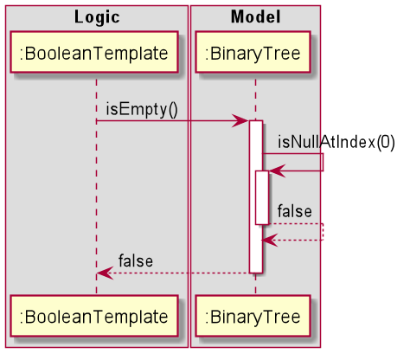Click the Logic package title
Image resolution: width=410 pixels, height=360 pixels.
pyautogui.click(x=96, y=16)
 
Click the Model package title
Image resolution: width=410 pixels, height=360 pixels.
pyautogui.click(x=255, y=16)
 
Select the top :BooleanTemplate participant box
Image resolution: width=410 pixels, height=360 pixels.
pyautogui.click(x=96, y=55)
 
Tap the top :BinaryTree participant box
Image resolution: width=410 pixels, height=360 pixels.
pyautogui.click(x=255, y=55)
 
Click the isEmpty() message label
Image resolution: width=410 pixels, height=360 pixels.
pyautogui.click(x=141, y=109)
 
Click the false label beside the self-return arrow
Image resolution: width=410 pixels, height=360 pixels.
pyautogui.click(x=294, y=211)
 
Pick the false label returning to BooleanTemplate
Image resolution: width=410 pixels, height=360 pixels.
pyautogui.click(x=136, y=260)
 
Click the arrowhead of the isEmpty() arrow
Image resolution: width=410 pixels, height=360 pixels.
pyautogui.click(x=242, y=121)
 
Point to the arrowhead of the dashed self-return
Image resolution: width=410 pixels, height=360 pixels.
pyautogui.click(x=268, y=240)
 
